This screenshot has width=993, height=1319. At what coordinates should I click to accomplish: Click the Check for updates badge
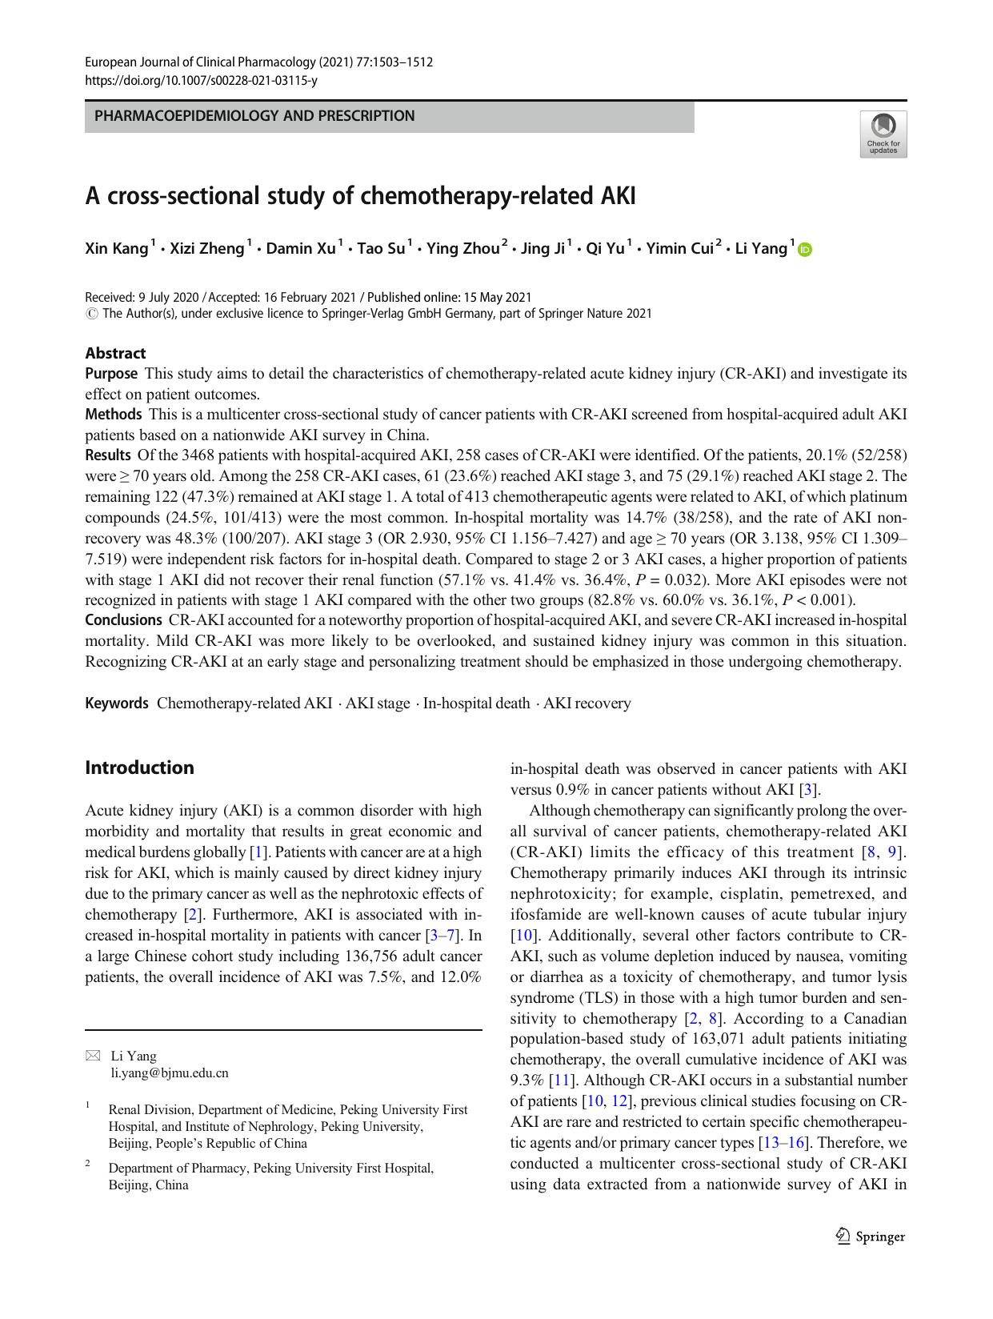tap(883, 134)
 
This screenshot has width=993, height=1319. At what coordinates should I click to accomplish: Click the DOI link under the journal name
tap(201, 80)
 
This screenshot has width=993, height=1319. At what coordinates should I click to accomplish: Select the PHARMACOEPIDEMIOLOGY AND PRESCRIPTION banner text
tap(254, 116)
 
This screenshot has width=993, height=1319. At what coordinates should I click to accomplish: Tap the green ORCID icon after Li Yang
tap(804, 250)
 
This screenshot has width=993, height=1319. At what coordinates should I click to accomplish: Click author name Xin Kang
tap(116, 249)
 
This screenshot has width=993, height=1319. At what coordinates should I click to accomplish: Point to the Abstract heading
tap(115, 353)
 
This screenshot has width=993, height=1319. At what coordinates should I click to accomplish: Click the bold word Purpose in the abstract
tap(111, 373)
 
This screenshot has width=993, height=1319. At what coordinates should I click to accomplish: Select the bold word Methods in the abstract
tap(113, 415)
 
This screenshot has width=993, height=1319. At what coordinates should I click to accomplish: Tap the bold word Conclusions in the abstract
tap(123, 619)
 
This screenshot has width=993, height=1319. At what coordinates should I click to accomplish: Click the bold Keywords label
tap(117, 704)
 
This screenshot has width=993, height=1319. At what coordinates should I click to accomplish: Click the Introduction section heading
tap(139, 768)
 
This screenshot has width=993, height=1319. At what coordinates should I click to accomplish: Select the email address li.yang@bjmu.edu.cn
tap(169, 1073)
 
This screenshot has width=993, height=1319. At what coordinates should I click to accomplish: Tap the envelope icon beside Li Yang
tap(91, 1056)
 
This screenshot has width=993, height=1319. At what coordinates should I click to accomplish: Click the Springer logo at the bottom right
tap(870, 1237)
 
